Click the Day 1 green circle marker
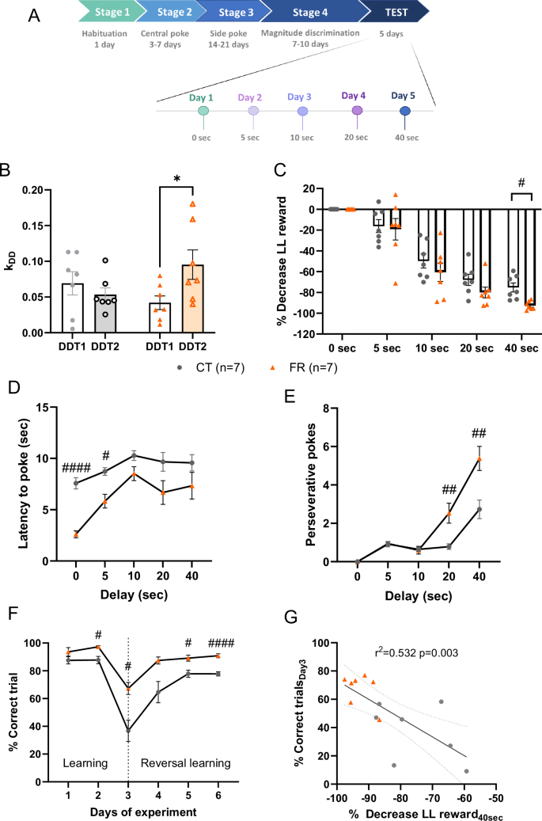[203, 112]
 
